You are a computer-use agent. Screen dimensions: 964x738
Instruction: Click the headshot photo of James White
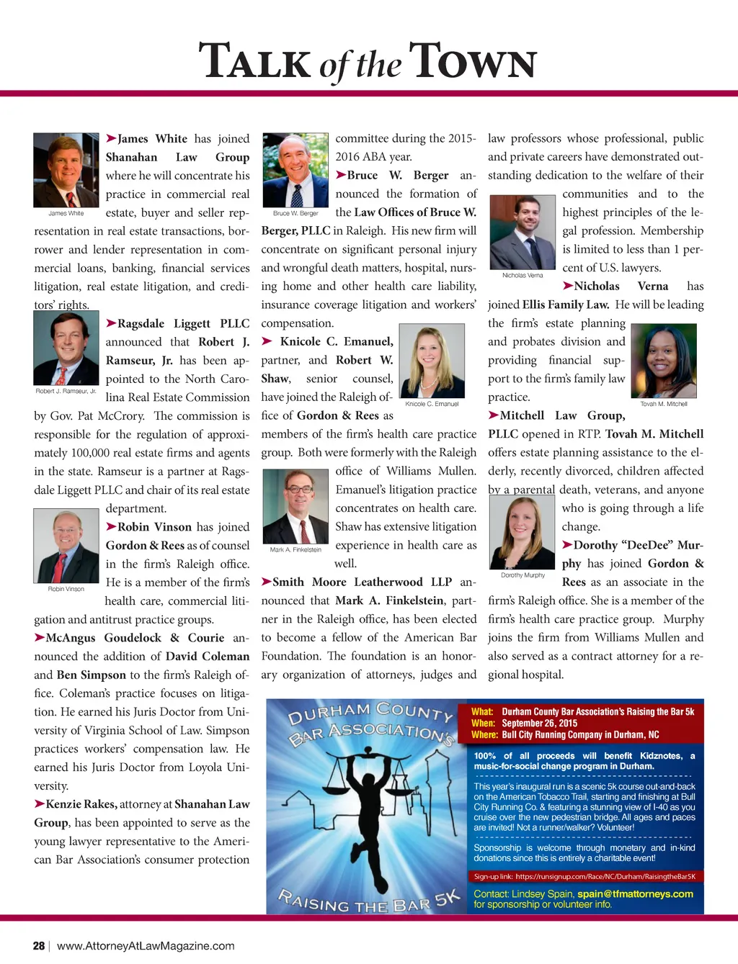[x=66, y=170]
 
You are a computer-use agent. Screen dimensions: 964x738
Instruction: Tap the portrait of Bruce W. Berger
[x=295, y=170]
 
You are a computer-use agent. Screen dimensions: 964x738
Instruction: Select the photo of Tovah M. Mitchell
[x=664, y=361]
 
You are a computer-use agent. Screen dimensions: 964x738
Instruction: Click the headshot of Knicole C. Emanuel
[x=432, y=361]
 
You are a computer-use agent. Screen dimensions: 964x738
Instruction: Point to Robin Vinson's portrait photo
[x=66, y=546]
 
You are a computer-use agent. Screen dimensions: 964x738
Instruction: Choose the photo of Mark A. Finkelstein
[x=295, y=507]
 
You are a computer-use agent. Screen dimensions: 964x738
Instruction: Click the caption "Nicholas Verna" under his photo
[x=523, y=275]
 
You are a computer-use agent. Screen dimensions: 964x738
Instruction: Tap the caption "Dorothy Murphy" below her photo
[x=523, y=575]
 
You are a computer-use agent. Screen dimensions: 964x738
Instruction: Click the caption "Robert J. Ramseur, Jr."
[x=66, y=391]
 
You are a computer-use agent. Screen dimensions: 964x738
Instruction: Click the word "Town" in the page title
[x=473, y=62]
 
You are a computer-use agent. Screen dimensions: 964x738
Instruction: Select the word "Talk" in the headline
[x=254, y=62]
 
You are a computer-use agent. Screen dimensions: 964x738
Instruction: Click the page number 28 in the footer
[x=39, y=946]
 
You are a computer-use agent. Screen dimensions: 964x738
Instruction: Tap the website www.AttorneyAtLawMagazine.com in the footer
[x=146, y=946]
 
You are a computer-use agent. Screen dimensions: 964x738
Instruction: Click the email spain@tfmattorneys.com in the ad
[x=635, y=893]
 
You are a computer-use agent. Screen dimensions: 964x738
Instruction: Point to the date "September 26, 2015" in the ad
[x=540, y=723]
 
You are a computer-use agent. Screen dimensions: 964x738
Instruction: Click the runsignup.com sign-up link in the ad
[x=605, y=876]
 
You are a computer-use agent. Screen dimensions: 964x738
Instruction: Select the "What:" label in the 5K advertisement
[x=482, y=711]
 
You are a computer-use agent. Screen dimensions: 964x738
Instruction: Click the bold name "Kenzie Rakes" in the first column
[x=81, y=804]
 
